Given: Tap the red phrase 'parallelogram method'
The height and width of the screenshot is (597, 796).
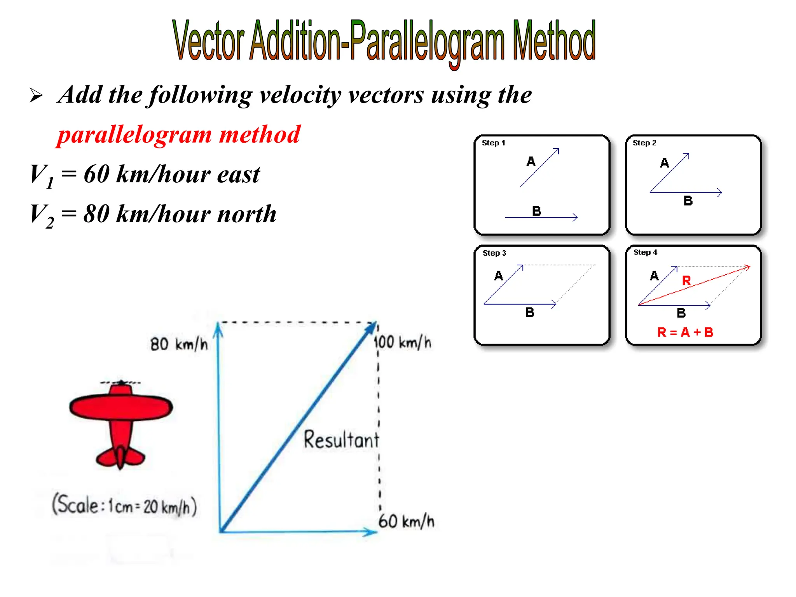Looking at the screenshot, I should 179,134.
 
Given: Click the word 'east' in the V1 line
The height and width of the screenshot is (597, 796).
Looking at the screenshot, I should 238,175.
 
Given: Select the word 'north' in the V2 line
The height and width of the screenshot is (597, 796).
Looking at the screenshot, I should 246,214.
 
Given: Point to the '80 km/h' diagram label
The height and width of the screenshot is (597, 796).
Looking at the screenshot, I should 179,344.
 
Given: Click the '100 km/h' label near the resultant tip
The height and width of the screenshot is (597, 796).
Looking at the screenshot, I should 403,342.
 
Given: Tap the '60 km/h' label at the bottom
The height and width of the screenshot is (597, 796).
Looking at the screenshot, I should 406,521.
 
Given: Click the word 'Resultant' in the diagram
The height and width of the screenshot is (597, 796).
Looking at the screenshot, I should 341,440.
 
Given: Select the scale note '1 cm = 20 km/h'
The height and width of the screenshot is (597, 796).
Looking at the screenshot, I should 124,506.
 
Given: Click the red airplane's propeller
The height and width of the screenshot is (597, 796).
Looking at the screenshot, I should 121,383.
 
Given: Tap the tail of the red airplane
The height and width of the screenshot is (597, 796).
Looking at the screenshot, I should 120,457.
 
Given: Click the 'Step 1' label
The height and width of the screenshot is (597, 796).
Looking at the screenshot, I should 493,143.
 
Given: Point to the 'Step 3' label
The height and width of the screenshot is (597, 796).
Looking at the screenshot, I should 494,253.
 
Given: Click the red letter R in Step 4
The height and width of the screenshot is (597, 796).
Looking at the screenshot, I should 686,281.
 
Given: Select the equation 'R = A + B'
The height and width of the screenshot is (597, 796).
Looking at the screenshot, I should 685,332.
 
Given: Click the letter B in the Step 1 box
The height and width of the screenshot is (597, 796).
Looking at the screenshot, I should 536,211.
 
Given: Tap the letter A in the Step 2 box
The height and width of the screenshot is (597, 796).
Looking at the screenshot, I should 665,162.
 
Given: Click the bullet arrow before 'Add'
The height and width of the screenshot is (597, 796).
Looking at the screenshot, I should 36,96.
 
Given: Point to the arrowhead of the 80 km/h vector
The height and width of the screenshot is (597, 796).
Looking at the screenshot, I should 218,328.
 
